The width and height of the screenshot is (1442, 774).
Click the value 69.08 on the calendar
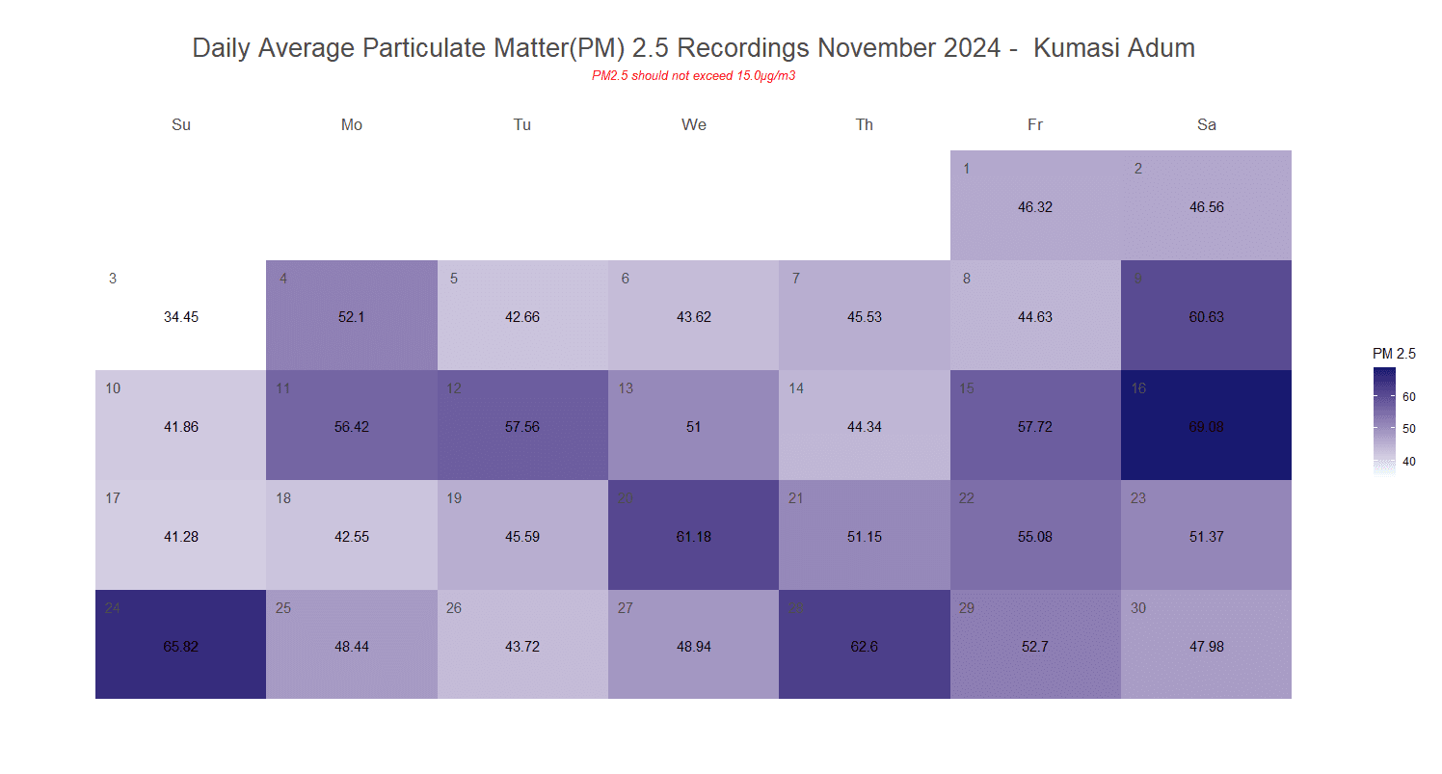(1206, 427)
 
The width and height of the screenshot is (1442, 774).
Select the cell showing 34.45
(181, 317)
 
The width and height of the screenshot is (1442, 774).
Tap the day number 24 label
(113, 608)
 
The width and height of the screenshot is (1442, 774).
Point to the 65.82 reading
(181, 647)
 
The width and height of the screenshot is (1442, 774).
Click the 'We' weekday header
(693, 124)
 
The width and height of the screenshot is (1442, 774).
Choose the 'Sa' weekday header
(1206, 124)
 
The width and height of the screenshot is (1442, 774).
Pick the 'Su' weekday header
(181, 124)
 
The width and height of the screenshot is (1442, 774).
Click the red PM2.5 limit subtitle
(693, 76)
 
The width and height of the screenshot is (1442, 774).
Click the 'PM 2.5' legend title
(1394, 354)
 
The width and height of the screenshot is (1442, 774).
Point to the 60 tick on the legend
(1408, 396)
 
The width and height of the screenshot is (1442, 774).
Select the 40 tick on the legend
(1408, 462)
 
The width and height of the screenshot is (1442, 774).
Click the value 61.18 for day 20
(693, 537)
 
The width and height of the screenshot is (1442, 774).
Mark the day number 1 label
(967, 169)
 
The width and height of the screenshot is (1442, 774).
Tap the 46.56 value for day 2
(1206, 207)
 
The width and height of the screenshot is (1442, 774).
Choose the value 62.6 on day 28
(865, 647)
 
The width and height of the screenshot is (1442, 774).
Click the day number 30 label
(1138, 608)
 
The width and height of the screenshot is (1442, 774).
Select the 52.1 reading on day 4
(352, 317)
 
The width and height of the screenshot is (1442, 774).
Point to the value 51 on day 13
(693, 427)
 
